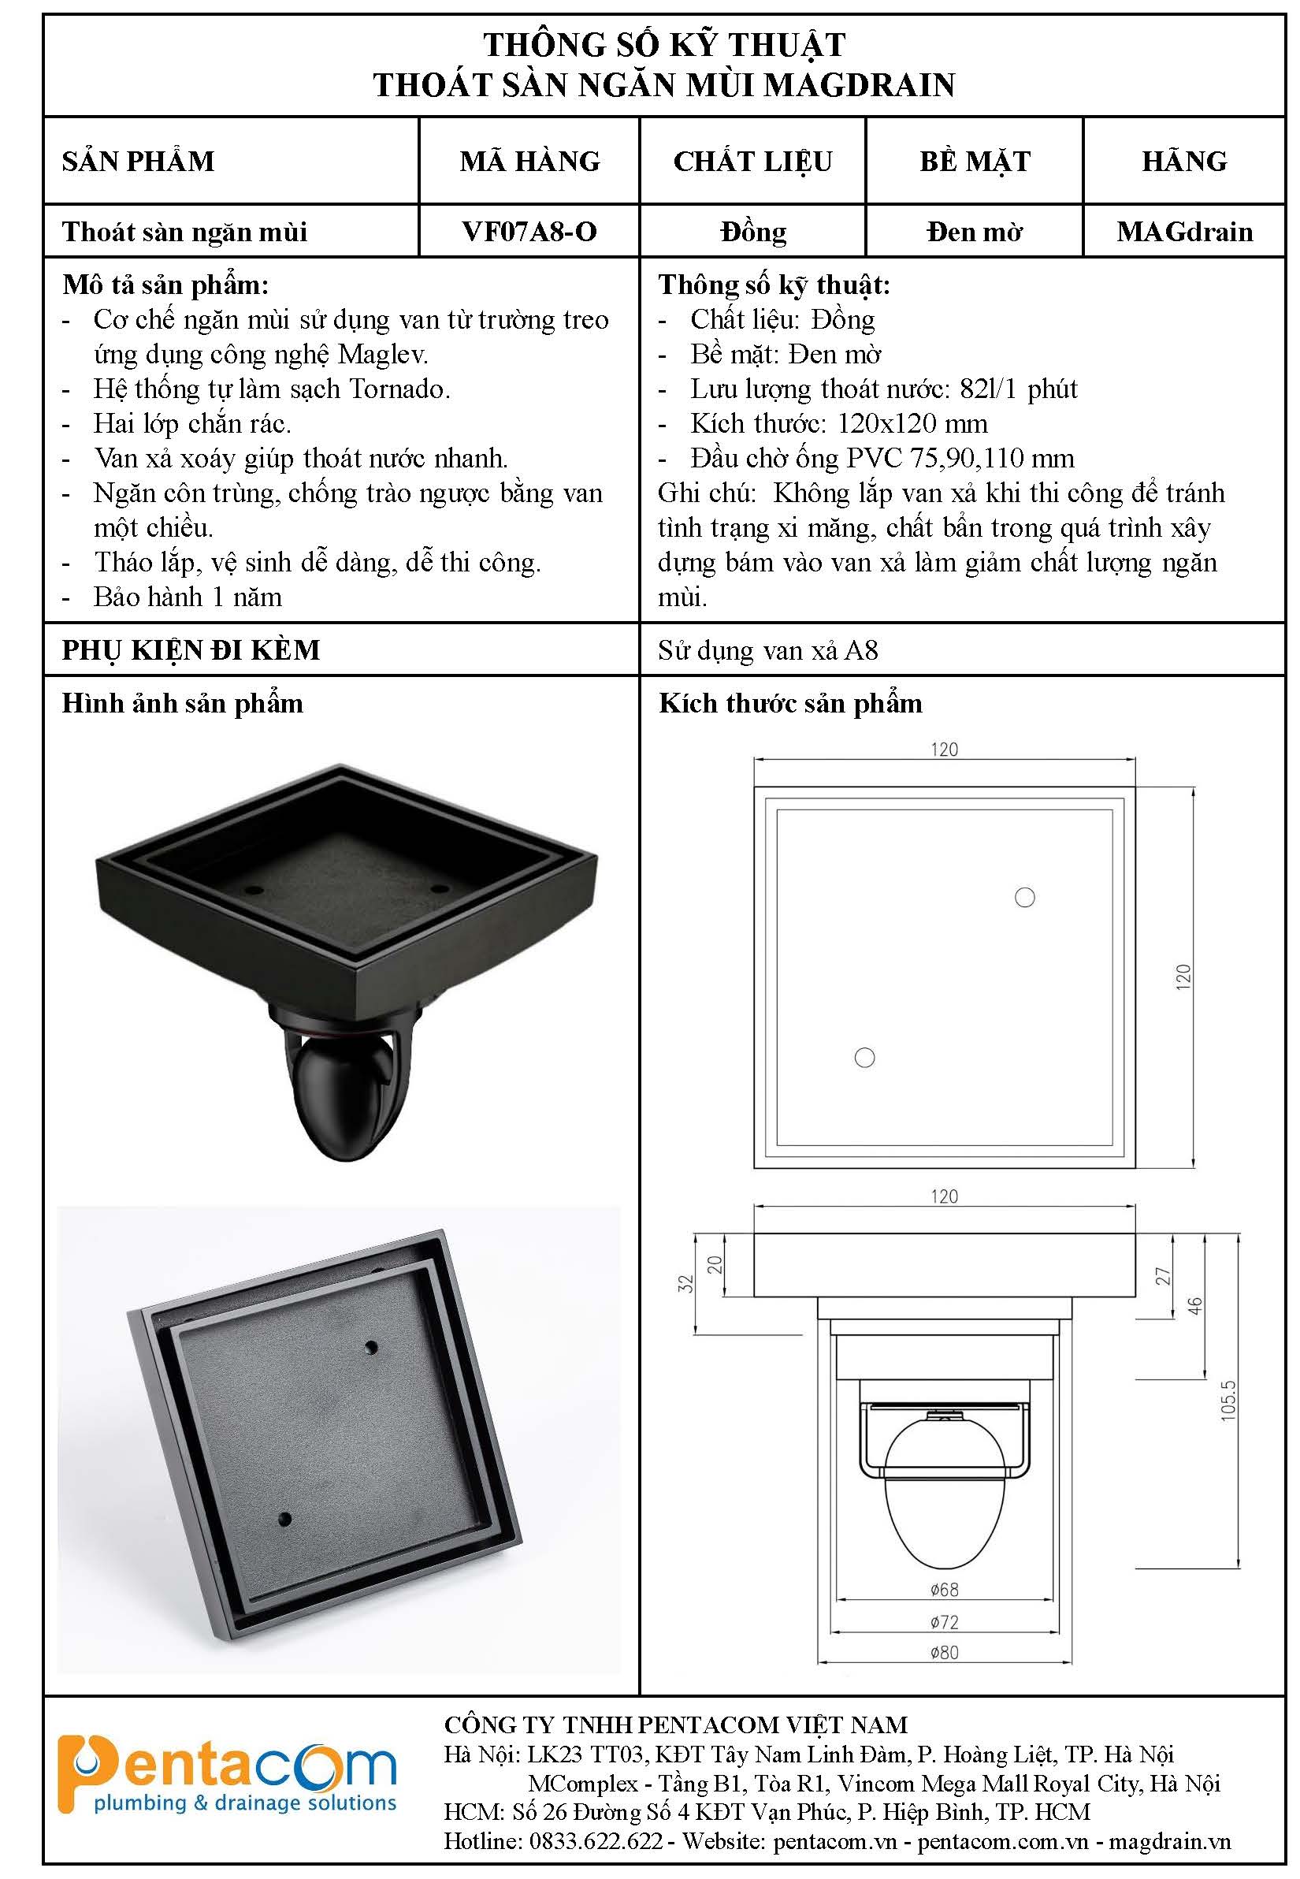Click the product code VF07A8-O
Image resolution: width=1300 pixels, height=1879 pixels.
pyautogui.click(x=529, y=232)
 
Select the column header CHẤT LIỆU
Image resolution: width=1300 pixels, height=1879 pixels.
pyautogui.click(x=752, y=161)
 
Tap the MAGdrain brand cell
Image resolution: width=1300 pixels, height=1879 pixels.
pyautogui.click(x=1184, y=232)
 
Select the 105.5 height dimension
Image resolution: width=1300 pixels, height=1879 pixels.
pyautogui.click(x=1228, y=1401)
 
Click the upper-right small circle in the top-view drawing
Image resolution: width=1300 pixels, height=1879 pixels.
pyautogui.click(x=1025, y=897)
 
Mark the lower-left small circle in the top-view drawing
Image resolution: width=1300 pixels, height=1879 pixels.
pyautogui.click(x=864, y=1058)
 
